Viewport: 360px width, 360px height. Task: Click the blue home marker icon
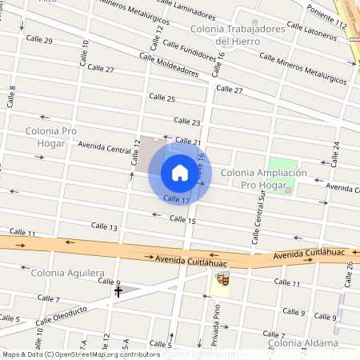pos(180,172)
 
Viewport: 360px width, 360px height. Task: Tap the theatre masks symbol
pos(223,280)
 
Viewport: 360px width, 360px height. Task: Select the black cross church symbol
pos(118,292)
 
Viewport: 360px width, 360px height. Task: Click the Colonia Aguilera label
pos(67,273)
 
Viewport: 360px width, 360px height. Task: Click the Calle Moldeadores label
pos(168,64)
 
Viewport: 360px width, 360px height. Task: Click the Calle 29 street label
pos(39,40)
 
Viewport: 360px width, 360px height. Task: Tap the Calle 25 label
pos(162,98)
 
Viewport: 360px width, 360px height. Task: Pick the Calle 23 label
pos(186,122)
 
